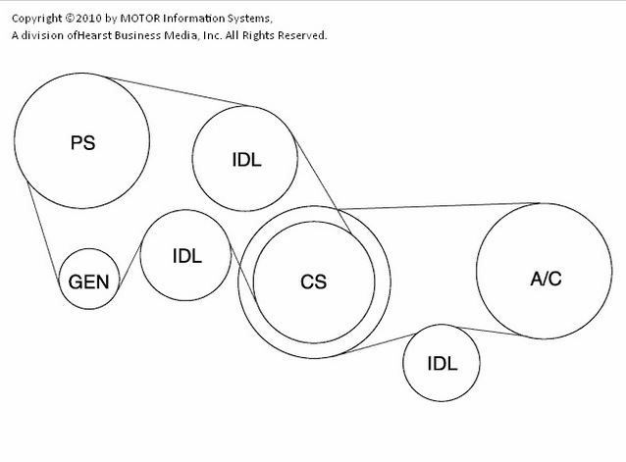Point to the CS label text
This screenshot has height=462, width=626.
(313, 282)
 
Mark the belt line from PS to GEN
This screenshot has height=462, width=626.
(43, 231)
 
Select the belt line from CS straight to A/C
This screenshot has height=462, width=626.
(439, 206)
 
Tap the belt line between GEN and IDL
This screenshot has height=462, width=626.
(130, 265)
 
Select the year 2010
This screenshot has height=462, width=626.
(89, 19)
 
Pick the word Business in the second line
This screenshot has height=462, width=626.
(137, 35)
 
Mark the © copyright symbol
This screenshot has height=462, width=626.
(70, 18)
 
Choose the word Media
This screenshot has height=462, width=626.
(181, 35)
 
